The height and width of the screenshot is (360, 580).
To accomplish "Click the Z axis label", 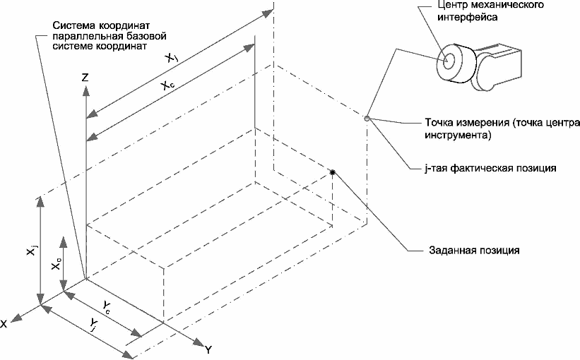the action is point(85,77).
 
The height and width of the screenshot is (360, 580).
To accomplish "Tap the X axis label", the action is point(4,324).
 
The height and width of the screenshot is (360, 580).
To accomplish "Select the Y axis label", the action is point(208,349).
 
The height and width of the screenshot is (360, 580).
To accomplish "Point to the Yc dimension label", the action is point(107,307).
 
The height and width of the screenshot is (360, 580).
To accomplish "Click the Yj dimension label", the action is point(93,325).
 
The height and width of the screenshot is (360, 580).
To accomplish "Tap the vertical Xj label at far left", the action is point(32,250).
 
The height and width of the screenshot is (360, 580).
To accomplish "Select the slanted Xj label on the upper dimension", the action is point(172,57).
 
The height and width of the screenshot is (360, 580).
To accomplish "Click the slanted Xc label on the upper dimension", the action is point(167,85).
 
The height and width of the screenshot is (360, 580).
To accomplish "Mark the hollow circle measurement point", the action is point(367,119).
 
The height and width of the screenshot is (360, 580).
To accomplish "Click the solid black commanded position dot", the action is point(333,172).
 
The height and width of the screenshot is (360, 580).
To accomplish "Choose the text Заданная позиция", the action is point(474,250).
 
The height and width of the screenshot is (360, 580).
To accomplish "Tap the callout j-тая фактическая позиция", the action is point(490,168).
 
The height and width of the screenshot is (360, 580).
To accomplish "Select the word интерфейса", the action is point(468,18).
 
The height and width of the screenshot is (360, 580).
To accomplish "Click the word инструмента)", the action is point(458,135).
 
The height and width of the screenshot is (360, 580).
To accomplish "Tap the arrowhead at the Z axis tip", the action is point(85,90).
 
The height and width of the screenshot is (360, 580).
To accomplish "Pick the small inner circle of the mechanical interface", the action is point(449,60).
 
